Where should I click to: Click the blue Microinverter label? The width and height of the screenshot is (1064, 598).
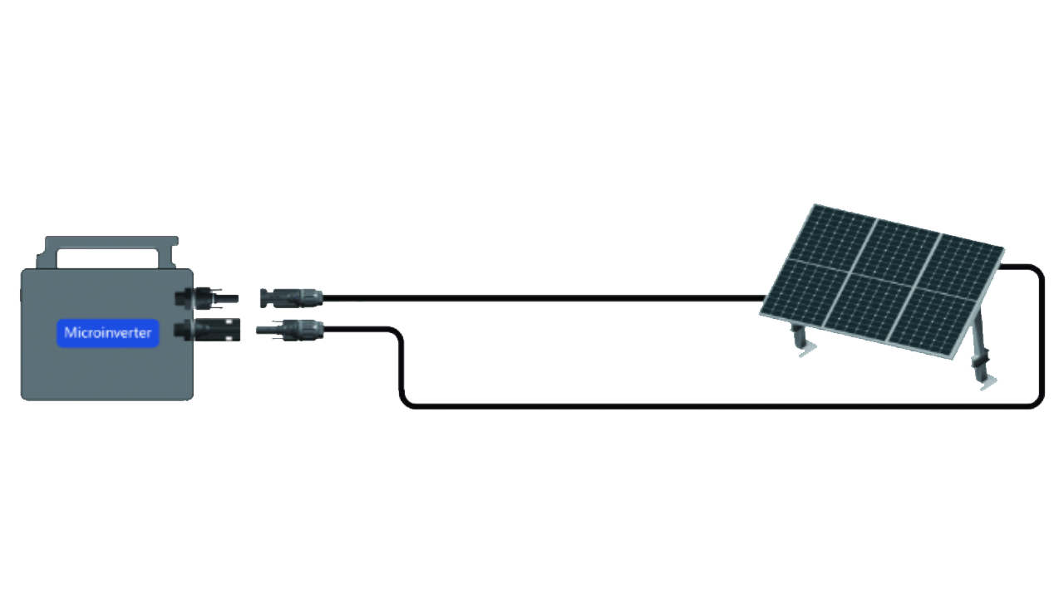(108, 333)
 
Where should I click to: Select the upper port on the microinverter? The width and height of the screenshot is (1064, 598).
(207, 298)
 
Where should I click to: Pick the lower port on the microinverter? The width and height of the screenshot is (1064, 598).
(208, 330)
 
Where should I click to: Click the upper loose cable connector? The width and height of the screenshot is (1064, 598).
(292, 298)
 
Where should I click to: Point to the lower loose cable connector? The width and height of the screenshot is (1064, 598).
(290, 330)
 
